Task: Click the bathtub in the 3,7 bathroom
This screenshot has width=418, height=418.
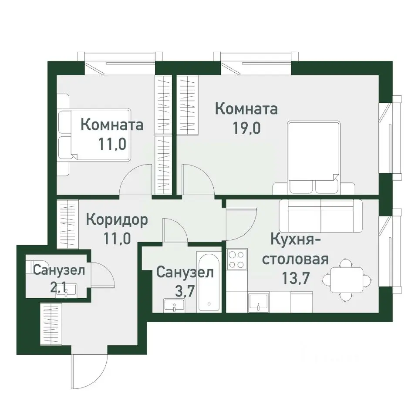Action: [x=209, y=281]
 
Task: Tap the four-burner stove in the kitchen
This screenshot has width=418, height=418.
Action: [x=237, y=259]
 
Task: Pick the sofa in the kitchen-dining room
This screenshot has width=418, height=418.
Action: [x=320, y=216]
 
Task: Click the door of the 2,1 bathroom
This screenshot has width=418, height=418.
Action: [x=103, y=274]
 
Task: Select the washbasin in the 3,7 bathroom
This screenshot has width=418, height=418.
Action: [x=175, y=305]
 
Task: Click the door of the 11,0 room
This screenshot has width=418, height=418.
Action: [x=135, y=183]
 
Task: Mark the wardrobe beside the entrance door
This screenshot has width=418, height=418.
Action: [x=51, y=324]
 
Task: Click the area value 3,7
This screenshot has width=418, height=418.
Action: [x=181, y=290]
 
